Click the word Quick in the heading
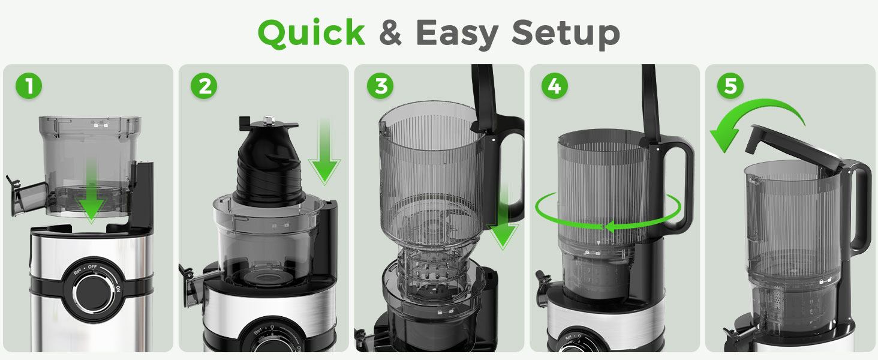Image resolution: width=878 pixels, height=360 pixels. (x=311, y=34)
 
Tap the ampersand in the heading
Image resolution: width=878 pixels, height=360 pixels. (x=390, y=34)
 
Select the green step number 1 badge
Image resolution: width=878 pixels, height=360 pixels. (x=29, y=86)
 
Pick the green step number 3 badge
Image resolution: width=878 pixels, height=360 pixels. (x=381, y=86)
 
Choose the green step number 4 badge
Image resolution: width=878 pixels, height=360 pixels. (x=555, y=86)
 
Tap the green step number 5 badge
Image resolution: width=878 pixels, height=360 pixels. (x=730, y=86)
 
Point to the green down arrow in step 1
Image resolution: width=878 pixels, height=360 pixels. (x=91, y=192)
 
